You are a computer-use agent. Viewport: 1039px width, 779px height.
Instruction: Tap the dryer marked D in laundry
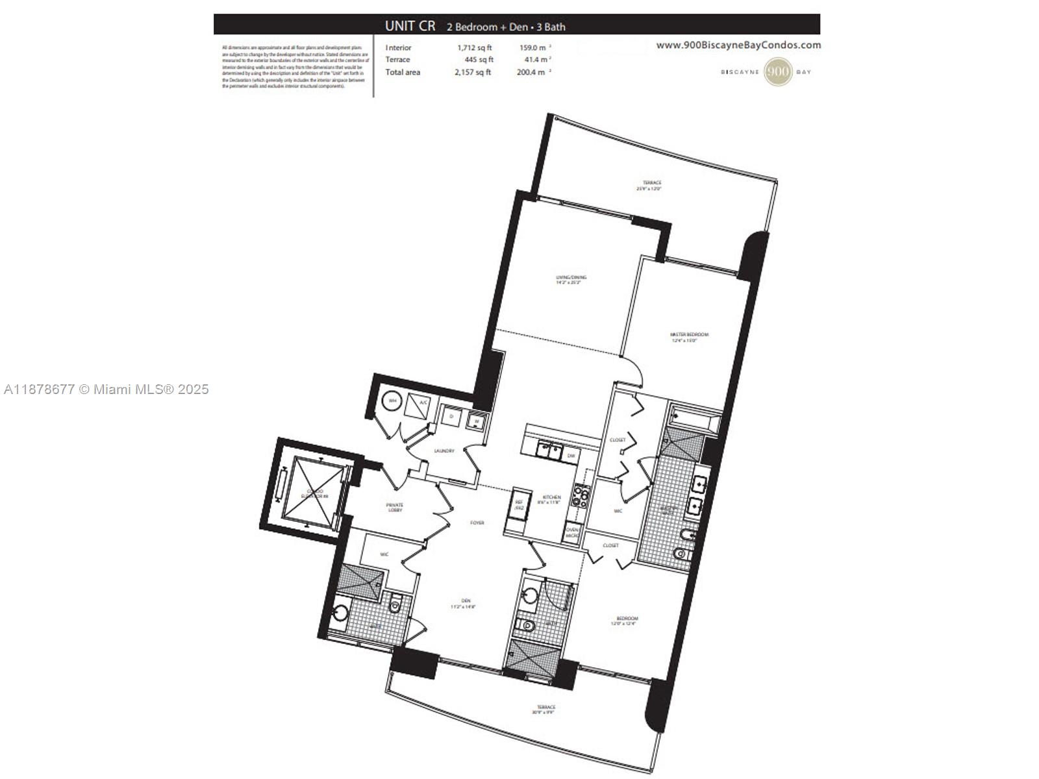click(x=451, y=416)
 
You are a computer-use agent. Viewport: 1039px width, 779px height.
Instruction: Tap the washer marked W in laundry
click(x=477, y=421)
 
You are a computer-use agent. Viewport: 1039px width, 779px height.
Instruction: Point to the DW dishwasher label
click(x=571, y=456)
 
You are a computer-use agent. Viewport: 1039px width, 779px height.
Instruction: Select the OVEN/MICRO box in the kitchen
click(x=572, y=532)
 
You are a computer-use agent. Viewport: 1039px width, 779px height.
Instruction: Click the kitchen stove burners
click(x=580, y=497)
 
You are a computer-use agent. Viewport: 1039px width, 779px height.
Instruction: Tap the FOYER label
click(x=477, y=523)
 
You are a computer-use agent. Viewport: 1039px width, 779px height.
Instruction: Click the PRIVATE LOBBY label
click(x=395, y=507)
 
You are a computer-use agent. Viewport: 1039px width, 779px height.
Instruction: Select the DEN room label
click(x=466, y=603)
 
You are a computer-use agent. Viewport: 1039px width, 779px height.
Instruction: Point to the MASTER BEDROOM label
click(x=689, y=337)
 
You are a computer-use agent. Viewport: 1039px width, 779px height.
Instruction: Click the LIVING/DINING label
click(x=571, y=280)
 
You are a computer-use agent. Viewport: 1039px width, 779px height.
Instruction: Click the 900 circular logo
click(x=777, y=71)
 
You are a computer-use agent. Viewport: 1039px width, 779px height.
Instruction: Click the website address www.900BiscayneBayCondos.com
click(x=738, y=45)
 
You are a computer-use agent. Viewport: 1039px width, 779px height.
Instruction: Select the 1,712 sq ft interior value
click(x=474, y=47)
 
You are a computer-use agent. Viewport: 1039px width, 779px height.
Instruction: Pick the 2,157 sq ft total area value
click(x=472, y=72)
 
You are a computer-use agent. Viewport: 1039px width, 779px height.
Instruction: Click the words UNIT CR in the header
click(x=410, y=26)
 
